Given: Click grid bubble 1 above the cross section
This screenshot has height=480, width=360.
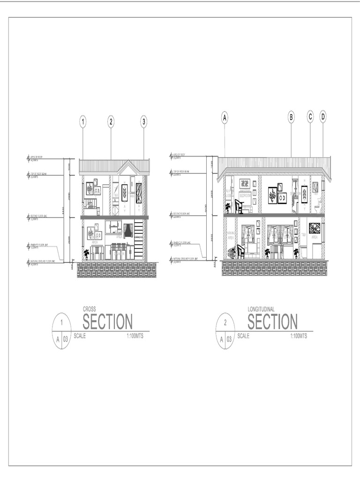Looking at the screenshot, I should (83, 122).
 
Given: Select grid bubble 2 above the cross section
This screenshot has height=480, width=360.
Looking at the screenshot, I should (111, 122).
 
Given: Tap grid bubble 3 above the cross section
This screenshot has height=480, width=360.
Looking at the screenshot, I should (144, 122).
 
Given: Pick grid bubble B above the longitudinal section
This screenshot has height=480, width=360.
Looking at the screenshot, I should (291, 117).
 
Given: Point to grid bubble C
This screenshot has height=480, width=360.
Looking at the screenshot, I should (310, 117).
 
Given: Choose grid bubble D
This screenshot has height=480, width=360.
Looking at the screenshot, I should (323, 117).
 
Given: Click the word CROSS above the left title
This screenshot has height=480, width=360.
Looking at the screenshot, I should (89, 309).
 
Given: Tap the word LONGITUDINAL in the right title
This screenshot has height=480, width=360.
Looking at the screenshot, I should (261, 309).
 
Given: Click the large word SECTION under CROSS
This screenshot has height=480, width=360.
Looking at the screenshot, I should (107, 322).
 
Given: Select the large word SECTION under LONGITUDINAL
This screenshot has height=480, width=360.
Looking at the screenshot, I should (272, 322).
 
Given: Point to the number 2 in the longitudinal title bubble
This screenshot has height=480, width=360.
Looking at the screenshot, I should (226, 322).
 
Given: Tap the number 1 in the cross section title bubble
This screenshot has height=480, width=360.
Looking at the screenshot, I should (61, 322).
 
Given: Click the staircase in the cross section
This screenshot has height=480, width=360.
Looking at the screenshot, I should (138, 239).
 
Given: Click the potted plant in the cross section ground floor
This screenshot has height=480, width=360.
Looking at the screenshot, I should (86, 255).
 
